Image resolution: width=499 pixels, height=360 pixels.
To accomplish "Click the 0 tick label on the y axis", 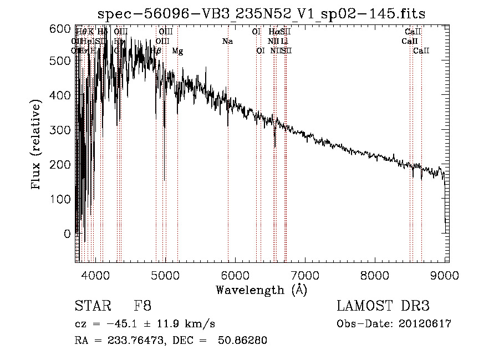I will (x=68, y=234).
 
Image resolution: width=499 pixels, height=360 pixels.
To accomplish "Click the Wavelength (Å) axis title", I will (x=261, y=290).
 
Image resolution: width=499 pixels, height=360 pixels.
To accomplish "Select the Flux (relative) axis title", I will (x=37, y=145).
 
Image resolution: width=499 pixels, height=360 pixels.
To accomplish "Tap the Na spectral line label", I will (x=227, y=42).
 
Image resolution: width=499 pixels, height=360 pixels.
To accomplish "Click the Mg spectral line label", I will (x=177, y=51).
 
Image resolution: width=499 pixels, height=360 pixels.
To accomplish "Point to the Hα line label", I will (x=273, y=32).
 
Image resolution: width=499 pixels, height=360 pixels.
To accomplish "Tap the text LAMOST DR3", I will (x=383, y=306).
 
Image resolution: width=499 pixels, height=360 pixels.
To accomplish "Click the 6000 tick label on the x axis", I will (x=235, y=275).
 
